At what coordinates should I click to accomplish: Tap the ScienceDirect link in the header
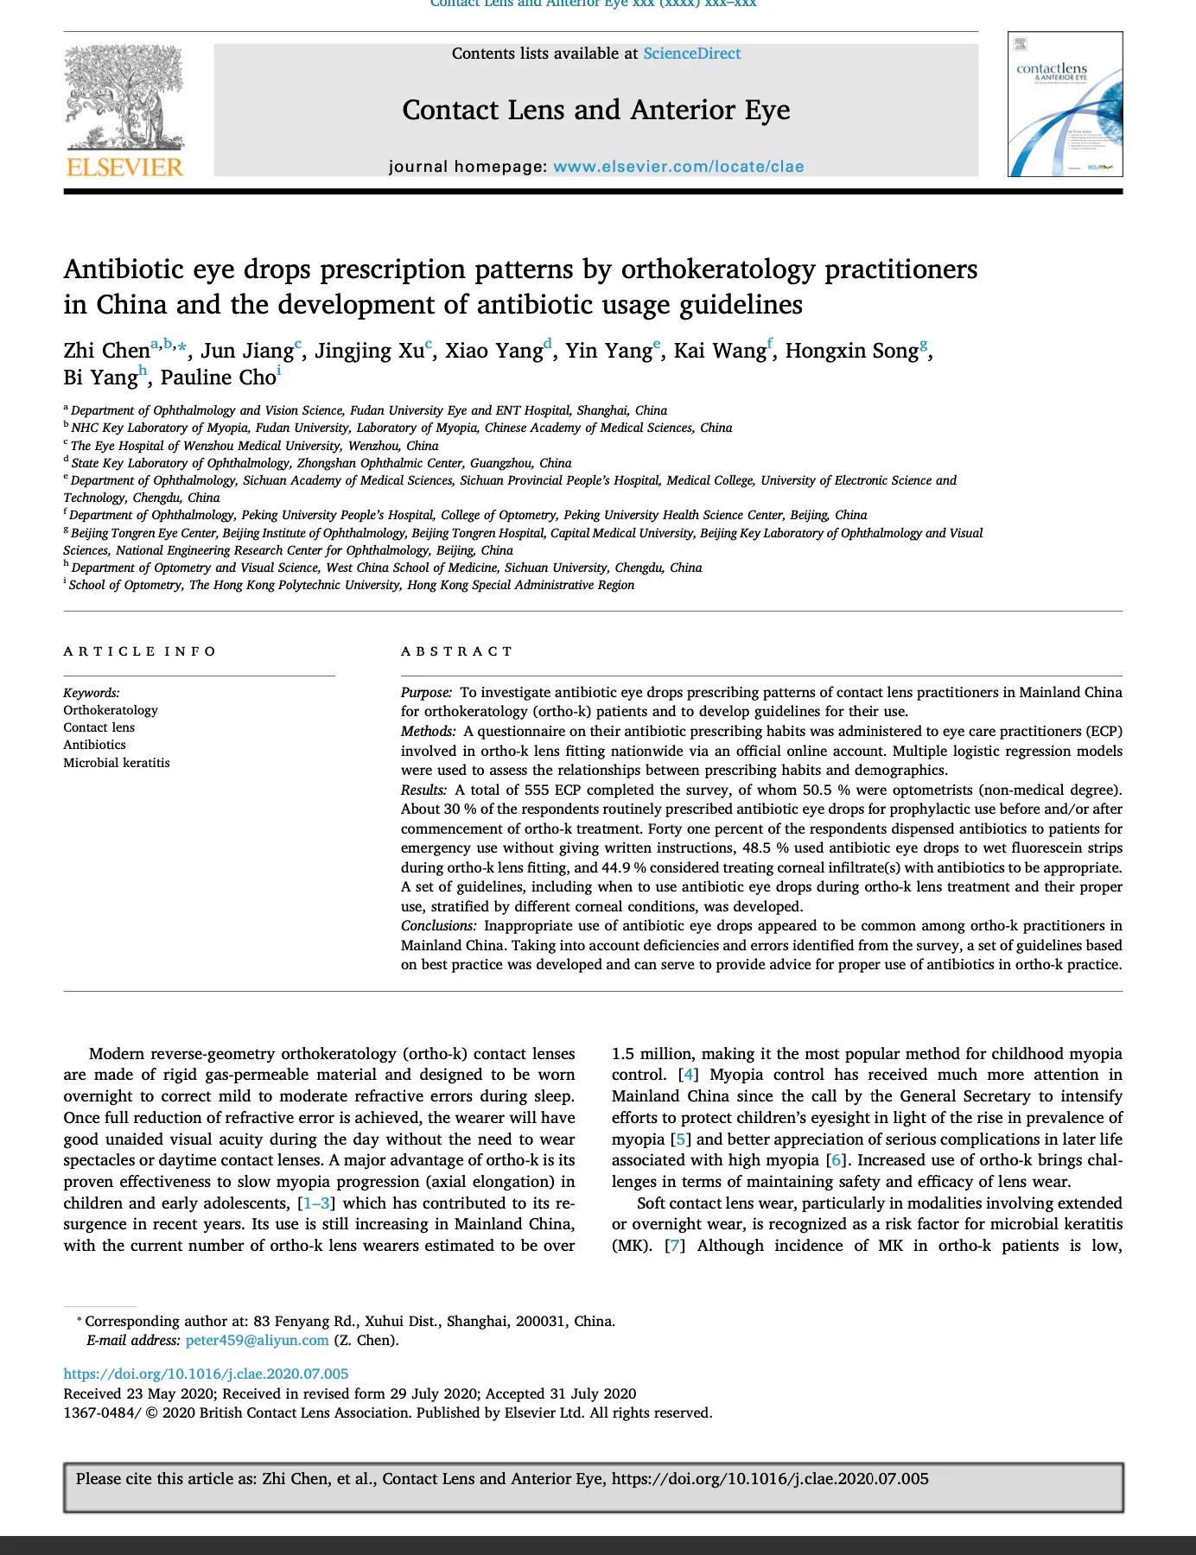click(691, 54)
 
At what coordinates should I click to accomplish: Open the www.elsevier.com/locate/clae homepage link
click(678, 167)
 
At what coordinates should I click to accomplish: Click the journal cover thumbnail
click(1065, 105)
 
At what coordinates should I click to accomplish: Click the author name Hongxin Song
click(850, 351)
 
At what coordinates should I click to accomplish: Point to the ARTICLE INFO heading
click(140, 651)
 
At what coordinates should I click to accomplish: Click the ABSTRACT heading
click(457, 651)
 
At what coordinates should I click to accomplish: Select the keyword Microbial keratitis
click(117, 763)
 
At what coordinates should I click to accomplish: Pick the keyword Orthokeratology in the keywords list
click(111, 710)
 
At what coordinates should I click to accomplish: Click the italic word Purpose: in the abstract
click(426, 693)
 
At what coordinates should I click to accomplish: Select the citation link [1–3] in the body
click(316, 1203)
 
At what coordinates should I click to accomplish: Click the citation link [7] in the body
click(675, 1246)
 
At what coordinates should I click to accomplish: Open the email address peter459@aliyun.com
click(257, 1341)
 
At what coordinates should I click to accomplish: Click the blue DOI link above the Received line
click(206, 1374)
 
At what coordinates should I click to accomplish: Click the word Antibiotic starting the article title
click(124, 270)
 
